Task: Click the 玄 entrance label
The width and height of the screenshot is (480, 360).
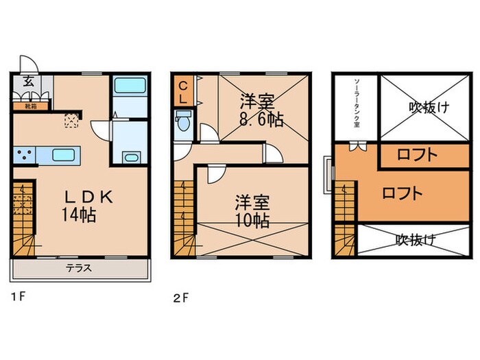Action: [29, 80]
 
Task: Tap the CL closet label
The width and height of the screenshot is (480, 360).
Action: [184, 92]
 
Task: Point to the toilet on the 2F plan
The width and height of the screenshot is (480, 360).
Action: [182, 124]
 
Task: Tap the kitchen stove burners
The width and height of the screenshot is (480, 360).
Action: [23, 155]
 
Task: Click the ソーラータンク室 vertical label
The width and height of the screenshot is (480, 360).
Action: [356, 103]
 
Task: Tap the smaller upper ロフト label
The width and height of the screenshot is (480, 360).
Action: [417, 155]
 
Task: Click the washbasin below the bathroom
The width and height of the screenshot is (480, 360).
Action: [130, 158]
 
